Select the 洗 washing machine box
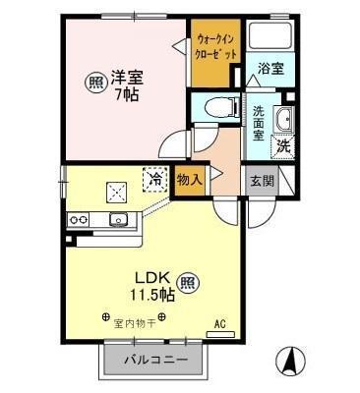(283, 146)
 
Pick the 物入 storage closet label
(190, 180)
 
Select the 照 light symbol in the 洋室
(93, 82)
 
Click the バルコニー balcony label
(154, 361)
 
